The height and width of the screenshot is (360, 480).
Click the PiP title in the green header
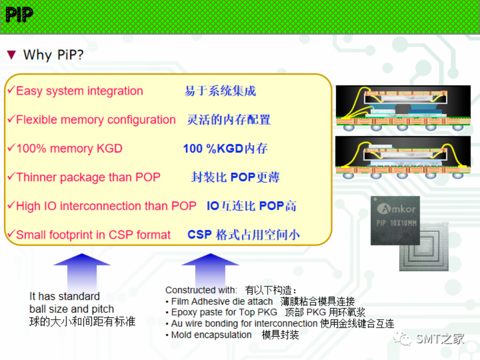tap(20, 15)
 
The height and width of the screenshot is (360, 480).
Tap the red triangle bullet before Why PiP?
tap(12, 55)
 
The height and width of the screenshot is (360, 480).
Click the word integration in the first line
tap(117, 91)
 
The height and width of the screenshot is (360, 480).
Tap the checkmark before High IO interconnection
tap(11, 205)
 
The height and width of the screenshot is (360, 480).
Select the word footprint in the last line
tap(69, 235)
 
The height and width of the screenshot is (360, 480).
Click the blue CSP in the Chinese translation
tap(200, 234)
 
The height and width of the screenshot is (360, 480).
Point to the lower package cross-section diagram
tap(403, 157)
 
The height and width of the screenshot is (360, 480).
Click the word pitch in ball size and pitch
tap(103, 309)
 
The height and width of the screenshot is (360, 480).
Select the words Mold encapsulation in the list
tap(211, 335)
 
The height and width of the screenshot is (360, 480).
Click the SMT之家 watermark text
tap(440, 338)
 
